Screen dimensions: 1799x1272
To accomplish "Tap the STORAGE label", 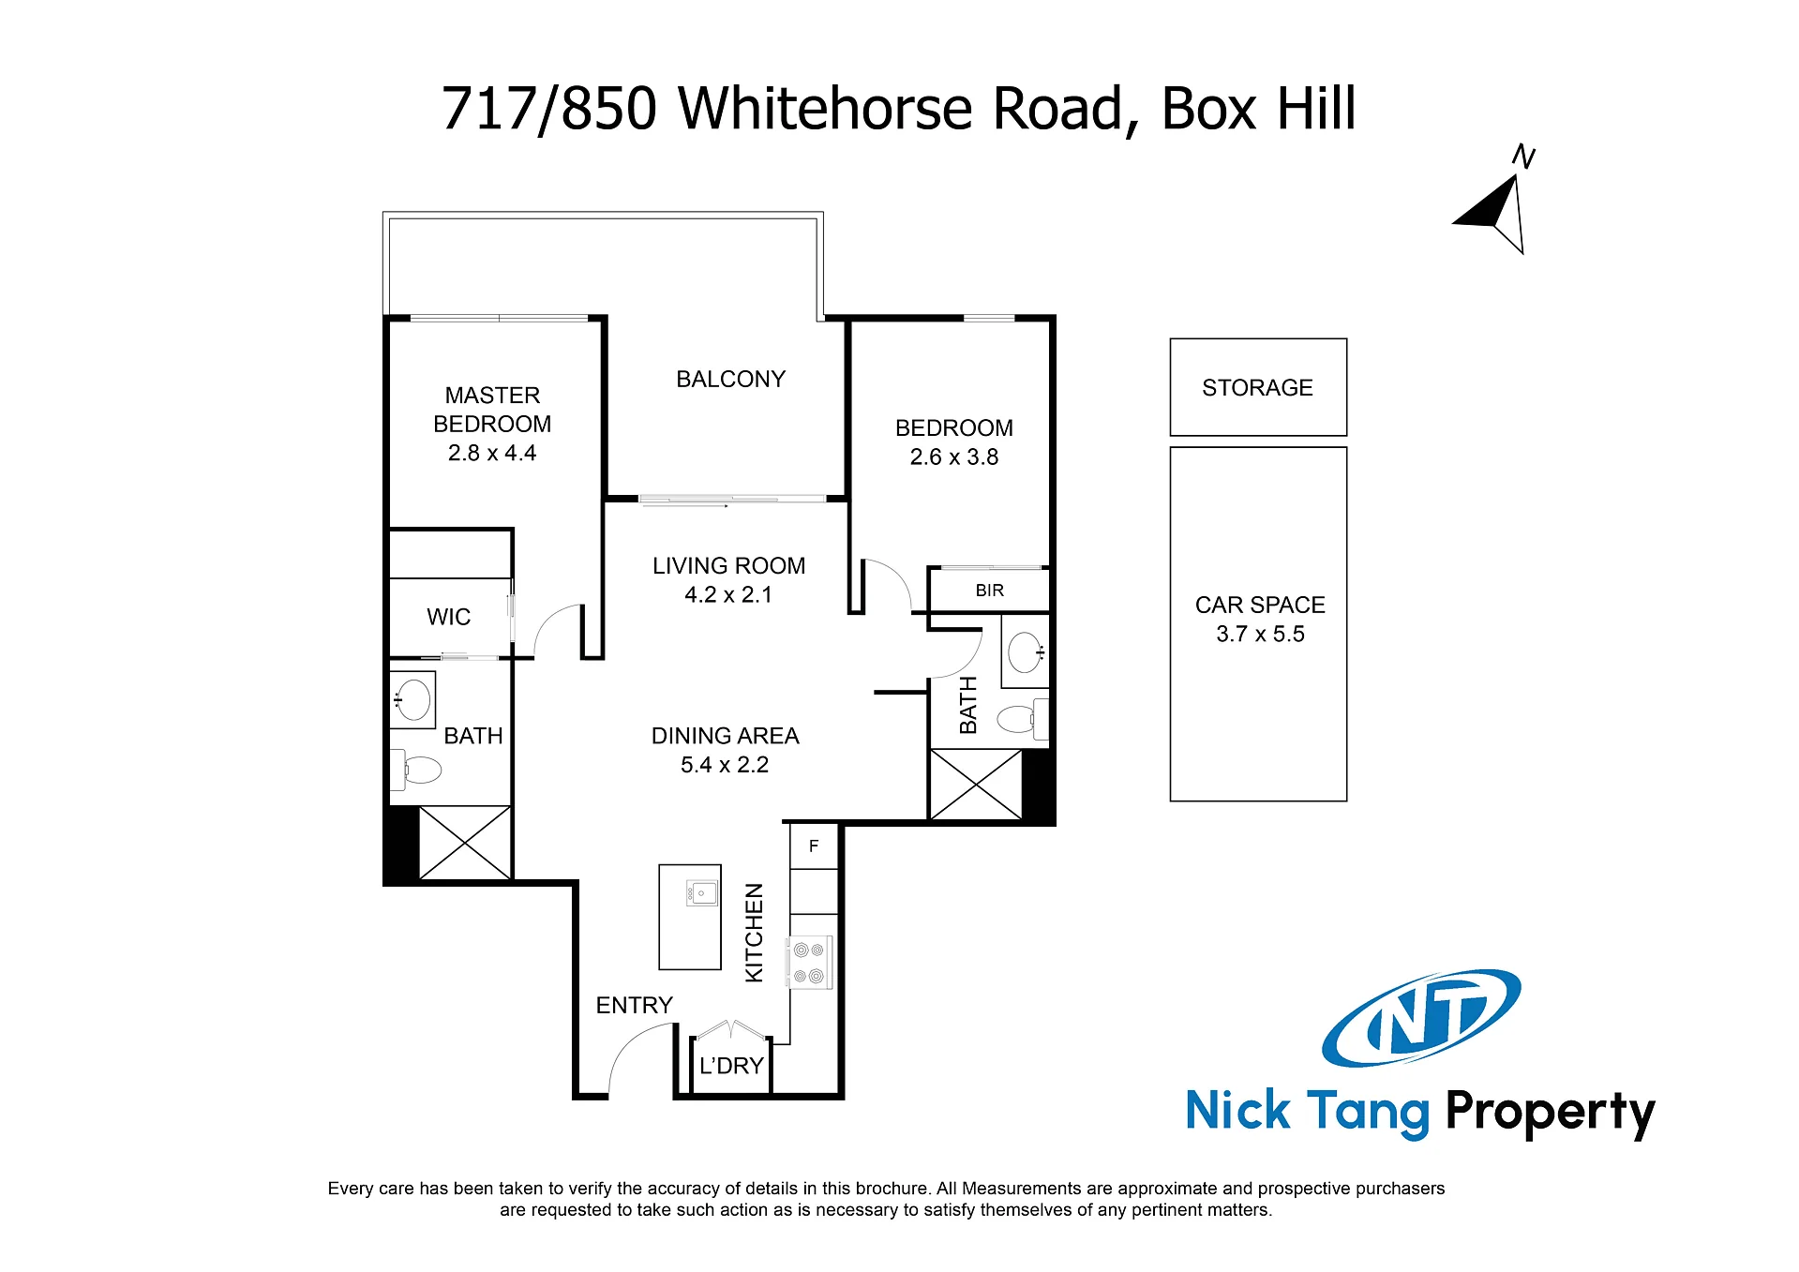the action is pyautogui.click(x=1257, y=387).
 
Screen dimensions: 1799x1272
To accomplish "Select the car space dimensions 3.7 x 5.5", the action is pyautogui.click(x=1260, y=634).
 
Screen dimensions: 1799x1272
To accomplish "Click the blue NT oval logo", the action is pyautogui.click(x=1421, y=1019).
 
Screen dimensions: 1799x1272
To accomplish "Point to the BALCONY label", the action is pyautogui.click(x=730, y=379).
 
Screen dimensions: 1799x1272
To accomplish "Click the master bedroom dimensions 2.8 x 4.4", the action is pyautogui.click(x=492, y=453).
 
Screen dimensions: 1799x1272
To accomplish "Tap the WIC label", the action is pyautogui.click(x=448, y=617).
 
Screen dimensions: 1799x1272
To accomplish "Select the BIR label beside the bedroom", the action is pyautogui.click(x=989, y=591).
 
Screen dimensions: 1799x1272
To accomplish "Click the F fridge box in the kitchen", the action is pyautogui.click(x=814, y=846).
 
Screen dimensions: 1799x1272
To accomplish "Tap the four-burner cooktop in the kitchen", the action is pyautogui.click(x=809, y=963).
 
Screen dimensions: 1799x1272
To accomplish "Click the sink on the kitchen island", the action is pyautogui.click(x=701, y=893).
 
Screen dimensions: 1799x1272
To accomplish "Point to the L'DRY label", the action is pyautogui.click(x=731, y=1066).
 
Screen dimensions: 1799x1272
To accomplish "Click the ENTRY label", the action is pyautogui.click(x=635, y=1005).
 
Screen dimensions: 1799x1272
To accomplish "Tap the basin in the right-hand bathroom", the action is pyautogui.click(x=1025, y=652).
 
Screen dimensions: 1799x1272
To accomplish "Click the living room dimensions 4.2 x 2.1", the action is pyautogui.click(x=728, y=594).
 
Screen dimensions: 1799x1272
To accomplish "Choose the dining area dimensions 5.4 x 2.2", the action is pyautogui.click(x=725, y=765).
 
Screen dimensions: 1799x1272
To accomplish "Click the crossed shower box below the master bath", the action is pyautogui.click(x=465, y=843).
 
